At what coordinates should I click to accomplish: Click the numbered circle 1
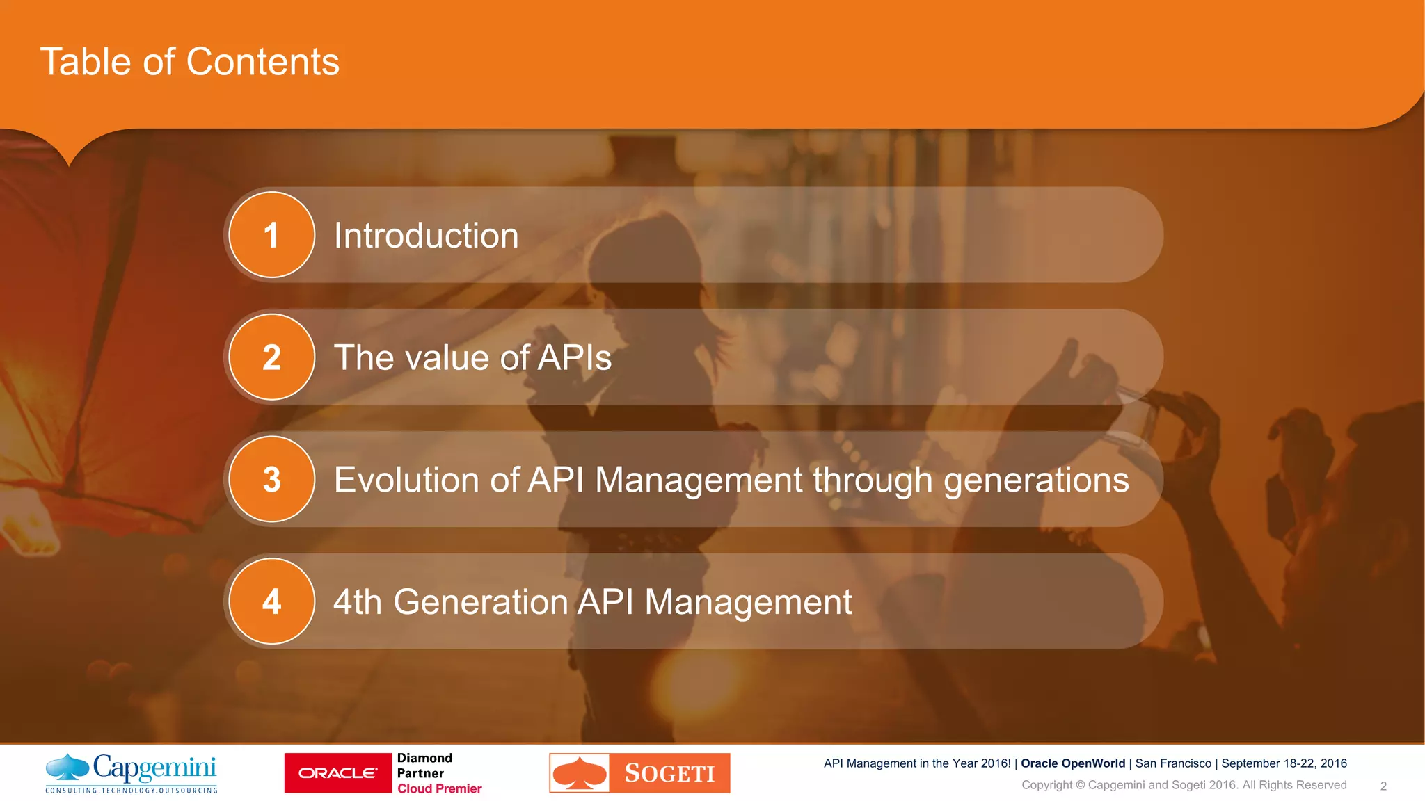[271, 235]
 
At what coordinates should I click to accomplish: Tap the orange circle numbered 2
[271, 357]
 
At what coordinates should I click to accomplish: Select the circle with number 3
[271, 479]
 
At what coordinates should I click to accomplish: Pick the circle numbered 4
[271, 601]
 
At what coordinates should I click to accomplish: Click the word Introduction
[427, 236]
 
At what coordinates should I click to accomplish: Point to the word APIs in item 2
[575, 358]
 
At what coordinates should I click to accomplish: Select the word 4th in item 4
[358, 602]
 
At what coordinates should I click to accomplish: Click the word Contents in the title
[263, 62]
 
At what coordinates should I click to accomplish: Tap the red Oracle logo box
[338, 773]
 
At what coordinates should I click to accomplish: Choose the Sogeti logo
[639, 773]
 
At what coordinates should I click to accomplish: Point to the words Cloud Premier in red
[440, 788]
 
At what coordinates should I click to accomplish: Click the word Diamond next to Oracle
[424, 758]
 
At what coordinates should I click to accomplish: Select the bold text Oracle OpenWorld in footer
[1073, 763]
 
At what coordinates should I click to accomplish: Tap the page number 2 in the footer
[1383, 786]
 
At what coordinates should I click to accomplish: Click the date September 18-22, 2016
[1284, 763]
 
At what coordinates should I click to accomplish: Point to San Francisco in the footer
[1173, 763]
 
